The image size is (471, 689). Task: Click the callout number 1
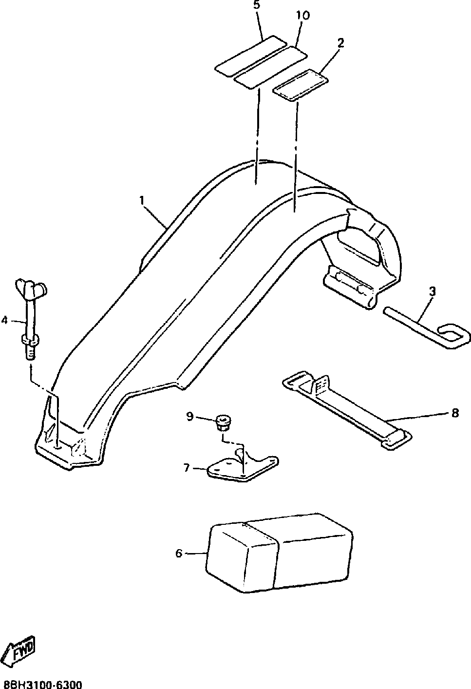click(142, 200)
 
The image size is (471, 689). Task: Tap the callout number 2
click(340, 42)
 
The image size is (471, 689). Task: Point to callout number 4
click(4, 320)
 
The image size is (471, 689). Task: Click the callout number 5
click(257, 6)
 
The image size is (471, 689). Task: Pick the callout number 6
click(179, 553)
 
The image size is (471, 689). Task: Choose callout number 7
click(186, 468)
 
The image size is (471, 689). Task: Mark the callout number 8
click(455, 413)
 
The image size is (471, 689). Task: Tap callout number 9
click(189, 416)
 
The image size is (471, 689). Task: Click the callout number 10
click(302, 16)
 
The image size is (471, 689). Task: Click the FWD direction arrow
click(20, 650)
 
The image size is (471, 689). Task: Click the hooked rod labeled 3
click(429, 326)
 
